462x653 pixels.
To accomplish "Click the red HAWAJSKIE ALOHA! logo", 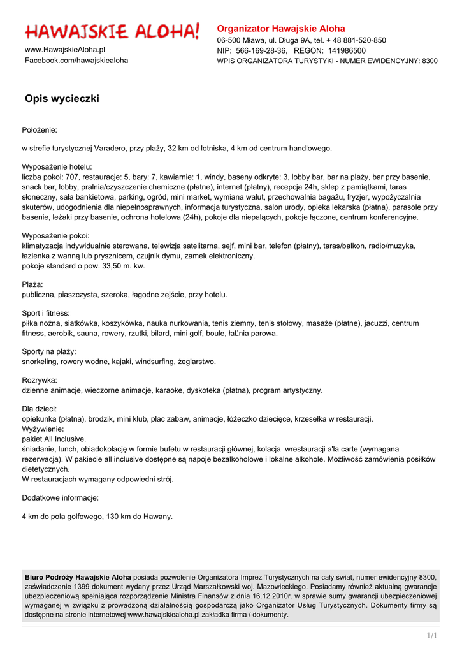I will [x=112, y=31].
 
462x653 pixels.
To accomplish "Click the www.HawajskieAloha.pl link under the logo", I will [x=65, y=50].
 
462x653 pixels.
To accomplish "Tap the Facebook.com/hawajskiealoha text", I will [x=76, y=61].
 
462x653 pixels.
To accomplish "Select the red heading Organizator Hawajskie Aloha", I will [x=281, y=29].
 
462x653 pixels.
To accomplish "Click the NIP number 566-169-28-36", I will [x=261, y=50].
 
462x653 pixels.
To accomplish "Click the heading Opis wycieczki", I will [x=62, y=99].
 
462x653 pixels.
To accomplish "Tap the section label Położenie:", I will [x=40, y=130].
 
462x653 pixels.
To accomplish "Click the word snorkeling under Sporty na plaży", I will [x=40, y=362].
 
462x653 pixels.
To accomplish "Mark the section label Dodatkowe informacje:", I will [x=61, y=497].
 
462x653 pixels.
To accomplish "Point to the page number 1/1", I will [x=432, y=636].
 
